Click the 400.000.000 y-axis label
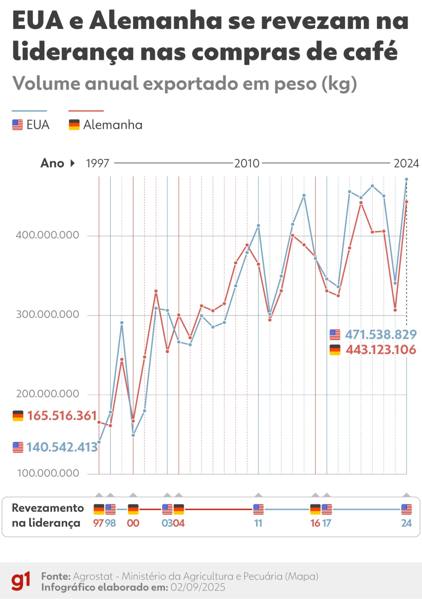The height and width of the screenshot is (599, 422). coord(47,235)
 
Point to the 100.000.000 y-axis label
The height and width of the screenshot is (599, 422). coord(48,473)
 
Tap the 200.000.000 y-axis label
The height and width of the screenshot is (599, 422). coord(47,394)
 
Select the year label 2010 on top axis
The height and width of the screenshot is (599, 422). coord(247,164)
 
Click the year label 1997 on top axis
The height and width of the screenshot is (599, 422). coord(97,164)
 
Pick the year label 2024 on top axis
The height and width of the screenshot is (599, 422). coord(406,164)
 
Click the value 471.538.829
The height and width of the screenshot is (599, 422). coord(381,335)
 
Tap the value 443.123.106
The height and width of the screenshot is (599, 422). coord(381,350)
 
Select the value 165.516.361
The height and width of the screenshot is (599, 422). coord(62,416)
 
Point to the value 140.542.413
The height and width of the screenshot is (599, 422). coord(62,447)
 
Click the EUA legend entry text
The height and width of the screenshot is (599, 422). coord(38,125)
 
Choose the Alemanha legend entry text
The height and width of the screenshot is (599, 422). coord(113,125)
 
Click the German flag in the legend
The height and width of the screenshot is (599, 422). coord(74,125)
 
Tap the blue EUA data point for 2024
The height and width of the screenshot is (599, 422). coord(406,179)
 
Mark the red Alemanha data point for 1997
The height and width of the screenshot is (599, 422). coord(99,422)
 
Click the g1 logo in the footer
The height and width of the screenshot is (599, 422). coord(21,581)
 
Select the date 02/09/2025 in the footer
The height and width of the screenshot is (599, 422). coord(198,587)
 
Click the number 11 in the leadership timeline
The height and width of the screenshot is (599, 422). coord(258,523)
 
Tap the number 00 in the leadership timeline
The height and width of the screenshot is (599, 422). coord(133,523)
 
